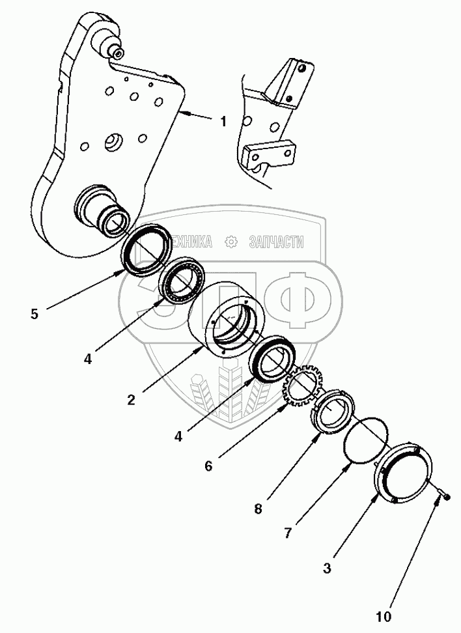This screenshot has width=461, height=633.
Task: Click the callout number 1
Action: tap(223, 121)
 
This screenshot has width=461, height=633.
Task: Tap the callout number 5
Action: tap(34, 314)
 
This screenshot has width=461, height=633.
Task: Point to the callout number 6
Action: tap(208, 466)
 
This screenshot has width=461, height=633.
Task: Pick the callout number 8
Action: tap(258, 509)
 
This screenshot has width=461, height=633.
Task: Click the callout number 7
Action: tap(286, 533)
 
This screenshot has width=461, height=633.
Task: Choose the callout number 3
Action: tap(327, 568)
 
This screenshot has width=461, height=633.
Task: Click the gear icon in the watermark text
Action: tap(230, 242)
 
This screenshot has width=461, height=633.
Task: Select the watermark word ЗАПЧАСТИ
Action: tap(276, 242)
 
